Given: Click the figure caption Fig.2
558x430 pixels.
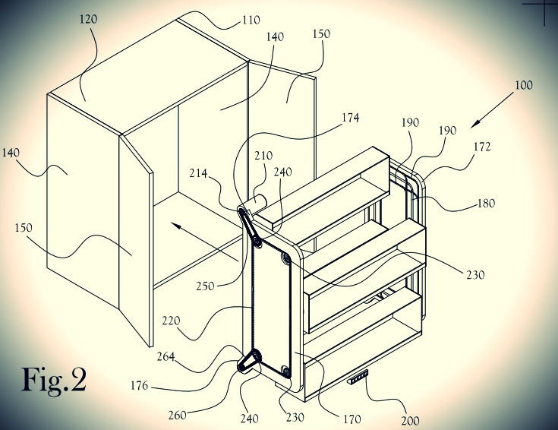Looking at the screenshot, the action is [55, 380].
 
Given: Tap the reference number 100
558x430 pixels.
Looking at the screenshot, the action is [524, 85].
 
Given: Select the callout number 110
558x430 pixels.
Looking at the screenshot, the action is [251, 20].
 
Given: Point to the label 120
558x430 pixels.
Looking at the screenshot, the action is [88, 19].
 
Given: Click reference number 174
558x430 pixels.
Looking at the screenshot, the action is [351, 118].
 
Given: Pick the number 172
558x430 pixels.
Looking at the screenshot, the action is [482, 147].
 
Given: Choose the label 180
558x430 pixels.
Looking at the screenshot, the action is [486, 204].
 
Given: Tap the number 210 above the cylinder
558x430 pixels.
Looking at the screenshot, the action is [263, 156].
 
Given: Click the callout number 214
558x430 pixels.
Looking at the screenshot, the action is [198, 173].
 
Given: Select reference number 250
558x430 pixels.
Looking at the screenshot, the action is [205, 286].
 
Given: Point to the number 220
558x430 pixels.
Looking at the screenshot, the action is [171, 321].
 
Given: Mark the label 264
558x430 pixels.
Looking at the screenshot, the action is [166, 356].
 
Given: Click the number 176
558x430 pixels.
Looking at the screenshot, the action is [139, 385].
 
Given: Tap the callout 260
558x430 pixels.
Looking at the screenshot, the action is [177, 416].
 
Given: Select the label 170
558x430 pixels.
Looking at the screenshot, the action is [352, 419].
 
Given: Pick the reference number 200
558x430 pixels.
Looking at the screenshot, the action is [410, 421].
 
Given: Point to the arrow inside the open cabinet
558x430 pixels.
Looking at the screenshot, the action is [205, 242].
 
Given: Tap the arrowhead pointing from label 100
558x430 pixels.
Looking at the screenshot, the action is [475, 123].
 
